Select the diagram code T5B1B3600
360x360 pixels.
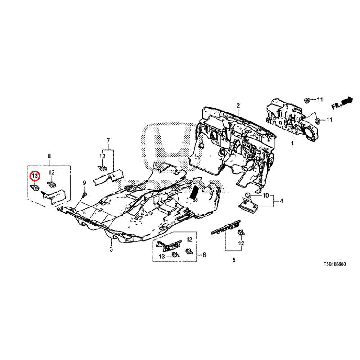tap(334, 264)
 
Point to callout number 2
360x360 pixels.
tap(238, 106)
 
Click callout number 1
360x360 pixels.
tap(292, 144)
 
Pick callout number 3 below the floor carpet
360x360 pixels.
tap(111, 249)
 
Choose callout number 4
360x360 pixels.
tap(281, 201)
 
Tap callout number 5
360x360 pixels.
tap(234, 260)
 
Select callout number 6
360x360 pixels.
tap(204, 255)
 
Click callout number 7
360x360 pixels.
tap(108, 140)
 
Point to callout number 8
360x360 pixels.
tap(49, 156)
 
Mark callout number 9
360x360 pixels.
tap(84, 183)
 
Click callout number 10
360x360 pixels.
tap(265, 196)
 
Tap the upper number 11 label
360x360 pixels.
tap(320, 99)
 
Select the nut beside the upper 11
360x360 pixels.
tap(307, 100)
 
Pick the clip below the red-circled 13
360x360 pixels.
tap(35, 188)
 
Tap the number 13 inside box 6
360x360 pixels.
tap(162, 256)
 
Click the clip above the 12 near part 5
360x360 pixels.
tap(241, 233)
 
